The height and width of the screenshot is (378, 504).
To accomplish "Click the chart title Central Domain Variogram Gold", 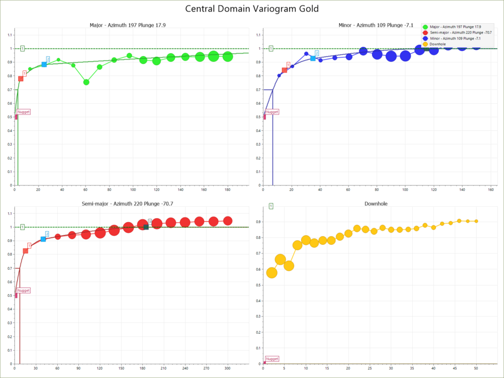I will [252, 9].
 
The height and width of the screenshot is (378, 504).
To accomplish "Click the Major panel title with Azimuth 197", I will [128, 26].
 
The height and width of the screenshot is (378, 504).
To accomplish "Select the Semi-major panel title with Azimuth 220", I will [128, 203].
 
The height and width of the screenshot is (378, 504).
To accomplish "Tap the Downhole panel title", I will [376, 203].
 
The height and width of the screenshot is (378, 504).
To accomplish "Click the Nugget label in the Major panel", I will [24, 112].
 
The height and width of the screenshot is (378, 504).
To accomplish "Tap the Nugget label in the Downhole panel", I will [272, 359].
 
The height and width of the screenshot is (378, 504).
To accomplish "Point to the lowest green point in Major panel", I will [86, 82].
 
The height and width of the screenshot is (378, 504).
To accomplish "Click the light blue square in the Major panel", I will [44, 65].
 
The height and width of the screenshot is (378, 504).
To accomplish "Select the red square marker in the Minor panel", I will [284, 70].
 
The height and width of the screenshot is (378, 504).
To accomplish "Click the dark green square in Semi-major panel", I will [146, 227].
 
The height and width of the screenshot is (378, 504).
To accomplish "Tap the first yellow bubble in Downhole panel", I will [272, 273].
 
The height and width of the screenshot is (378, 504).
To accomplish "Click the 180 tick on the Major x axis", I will [227, 190].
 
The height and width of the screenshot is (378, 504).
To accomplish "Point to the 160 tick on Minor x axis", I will [490, 190].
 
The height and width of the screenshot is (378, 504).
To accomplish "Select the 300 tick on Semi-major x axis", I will [227, 368].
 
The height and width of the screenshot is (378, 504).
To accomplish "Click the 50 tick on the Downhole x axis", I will [476, 368].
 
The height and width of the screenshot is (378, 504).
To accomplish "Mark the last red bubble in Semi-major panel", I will [227, 221].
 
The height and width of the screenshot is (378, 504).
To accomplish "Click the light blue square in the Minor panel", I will [313, 58].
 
